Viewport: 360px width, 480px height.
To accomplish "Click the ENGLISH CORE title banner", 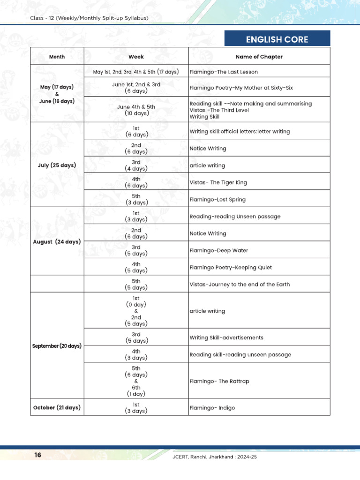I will [x=277, y=39].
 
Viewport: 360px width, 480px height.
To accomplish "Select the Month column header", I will [x=57, y=57].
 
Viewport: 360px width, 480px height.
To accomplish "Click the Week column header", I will [x=136, y=57].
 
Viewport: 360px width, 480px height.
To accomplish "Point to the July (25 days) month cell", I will [x=57, y=165].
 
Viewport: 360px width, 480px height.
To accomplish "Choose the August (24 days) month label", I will [x=57, y=242].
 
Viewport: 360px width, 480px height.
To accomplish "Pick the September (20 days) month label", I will [x=57, y=346].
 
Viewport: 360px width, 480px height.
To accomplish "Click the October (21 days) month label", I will [x=57, y=407].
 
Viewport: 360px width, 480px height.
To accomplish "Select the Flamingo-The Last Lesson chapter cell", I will [x=224, y=72].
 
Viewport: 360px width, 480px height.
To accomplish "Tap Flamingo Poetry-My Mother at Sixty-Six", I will [x=241, y=88].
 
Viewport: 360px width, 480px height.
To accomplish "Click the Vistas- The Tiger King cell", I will [x=218, y=182].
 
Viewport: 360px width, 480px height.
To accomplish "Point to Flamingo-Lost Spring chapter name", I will [x=217, y=200].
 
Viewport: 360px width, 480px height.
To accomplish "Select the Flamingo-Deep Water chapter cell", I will [x=218, y=250].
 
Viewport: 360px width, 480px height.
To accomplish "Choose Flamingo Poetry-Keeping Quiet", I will [x=231, y=268].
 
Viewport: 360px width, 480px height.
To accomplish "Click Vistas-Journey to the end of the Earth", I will [x=240, y=285].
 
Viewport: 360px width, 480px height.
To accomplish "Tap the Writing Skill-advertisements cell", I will [x=226, y=337].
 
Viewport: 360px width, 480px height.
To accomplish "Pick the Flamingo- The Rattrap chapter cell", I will [x=219, y=381].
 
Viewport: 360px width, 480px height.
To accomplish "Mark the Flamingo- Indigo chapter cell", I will [x=212, y=408].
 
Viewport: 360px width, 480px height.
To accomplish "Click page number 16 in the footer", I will [x=38, y=455].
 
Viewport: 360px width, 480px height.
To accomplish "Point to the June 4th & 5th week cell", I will [x=136, y=110].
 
